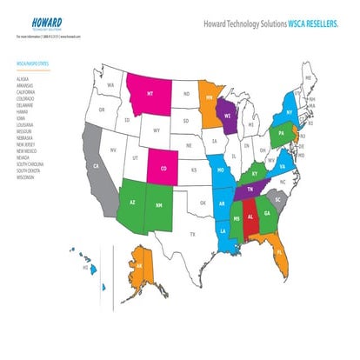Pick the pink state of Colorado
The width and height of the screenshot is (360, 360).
pyautogui.click(x=165, y=164)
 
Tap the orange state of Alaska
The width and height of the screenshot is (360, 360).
pyautogui.click(x=137, y=267)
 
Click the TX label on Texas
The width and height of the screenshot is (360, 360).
pyautogui.click(x=193, y=234)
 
